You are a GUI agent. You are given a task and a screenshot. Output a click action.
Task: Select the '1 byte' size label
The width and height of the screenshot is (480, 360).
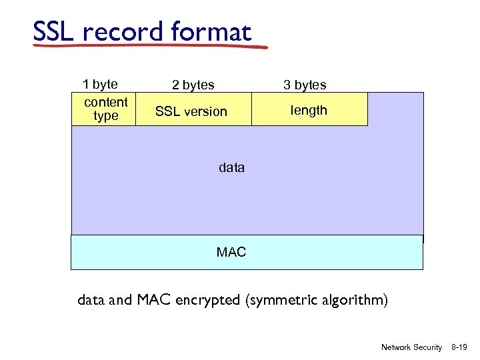[100, 84]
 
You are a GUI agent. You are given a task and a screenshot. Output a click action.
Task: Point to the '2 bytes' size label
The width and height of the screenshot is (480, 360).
[193, 85]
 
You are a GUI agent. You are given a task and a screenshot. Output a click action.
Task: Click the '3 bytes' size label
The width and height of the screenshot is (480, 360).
[305, 85]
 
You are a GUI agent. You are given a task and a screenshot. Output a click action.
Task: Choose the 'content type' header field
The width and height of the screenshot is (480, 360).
[105, 109]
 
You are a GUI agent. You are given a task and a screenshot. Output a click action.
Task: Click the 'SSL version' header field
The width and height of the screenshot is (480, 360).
[191, 111]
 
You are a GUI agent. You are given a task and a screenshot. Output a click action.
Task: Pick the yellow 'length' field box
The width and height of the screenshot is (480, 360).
[309, 110]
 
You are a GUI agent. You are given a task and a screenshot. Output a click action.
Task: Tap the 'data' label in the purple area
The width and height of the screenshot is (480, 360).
[231, 168]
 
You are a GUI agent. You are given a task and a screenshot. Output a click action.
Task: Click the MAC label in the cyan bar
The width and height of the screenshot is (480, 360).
[231, 252]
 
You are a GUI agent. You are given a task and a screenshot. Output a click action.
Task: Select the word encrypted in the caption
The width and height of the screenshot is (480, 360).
[207, 300]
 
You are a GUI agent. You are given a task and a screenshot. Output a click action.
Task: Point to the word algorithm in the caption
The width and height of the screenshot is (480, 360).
[353, 300]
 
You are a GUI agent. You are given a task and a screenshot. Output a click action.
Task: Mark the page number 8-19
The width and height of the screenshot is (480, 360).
[459, 347]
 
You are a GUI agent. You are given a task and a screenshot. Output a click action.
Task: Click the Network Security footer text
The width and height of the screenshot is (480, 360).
[411, 347]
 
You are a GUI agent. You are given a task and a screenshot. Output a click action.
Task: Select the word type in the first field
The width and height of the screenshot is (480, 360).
[105, 116]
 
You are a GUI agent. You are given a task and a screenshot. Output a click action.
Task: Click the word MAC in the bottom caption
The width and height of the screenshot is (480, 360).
[155, 300]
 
